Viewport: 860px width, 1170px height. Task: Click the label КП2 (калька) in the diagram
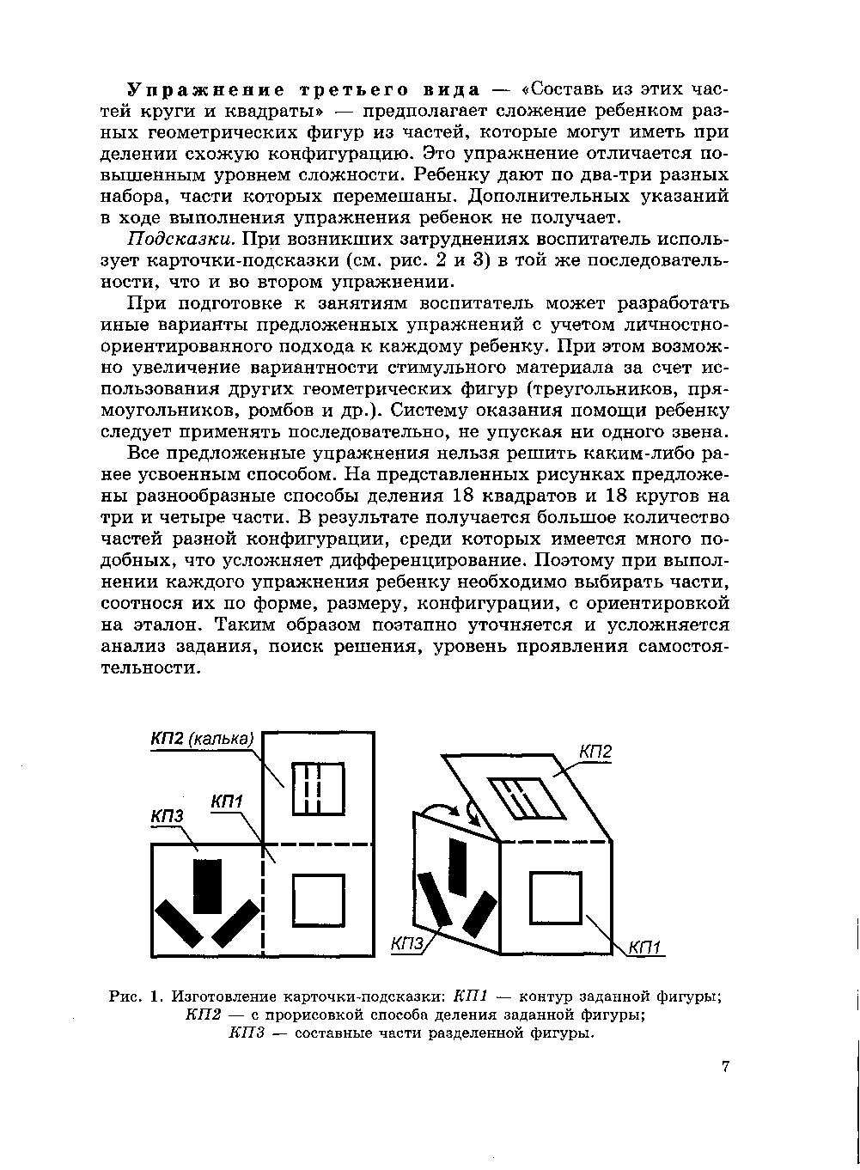(x=202, y=740)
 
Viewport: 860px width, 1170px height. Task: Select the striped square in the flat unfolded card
(x=318, y=788)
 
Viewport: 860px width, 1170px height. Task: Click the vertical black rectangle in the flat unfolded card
(x=207, y=886)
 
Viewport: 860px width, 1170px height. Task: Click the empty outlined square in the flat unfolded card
(x=318, y=900)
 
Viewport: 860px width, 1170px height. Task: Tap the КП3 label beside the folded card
(x=408, y=945)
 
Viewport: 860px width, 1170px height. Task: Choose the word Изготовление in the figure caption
(x=226, y=996)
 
